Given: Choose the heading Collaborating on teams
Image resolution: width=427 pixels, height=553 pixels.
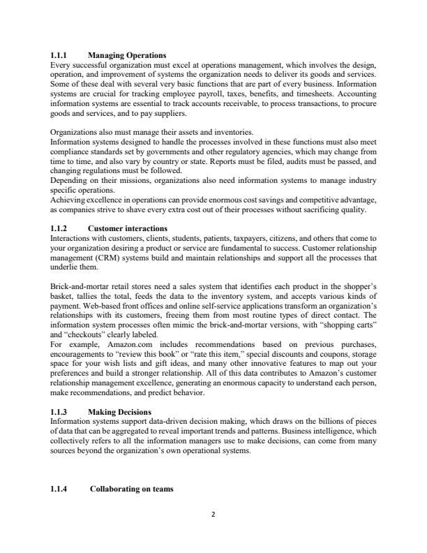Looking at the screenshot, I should [134, 488].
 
